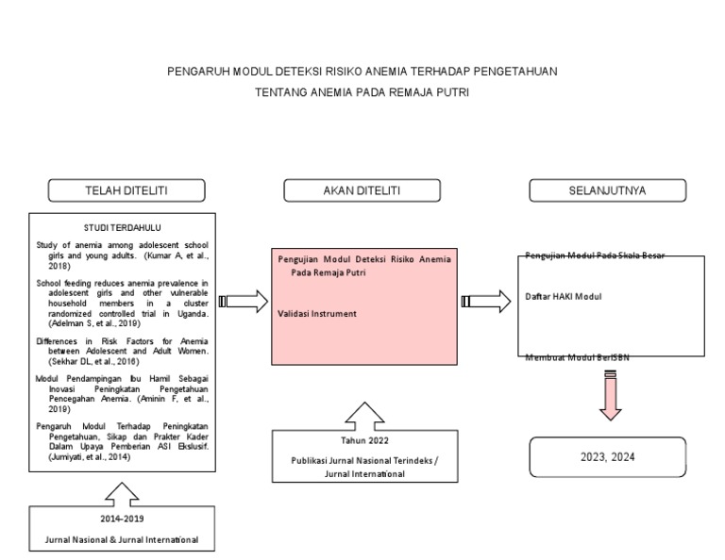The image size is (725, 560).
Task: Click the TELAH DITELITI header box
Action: coord(127,190)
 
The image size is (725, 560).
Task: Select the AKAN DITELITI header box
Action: coord(362,190)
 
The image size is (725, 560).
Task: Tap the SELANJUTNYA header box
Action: coord(607,190)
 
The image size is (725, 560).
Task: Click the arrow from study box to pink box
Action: coord(244,301)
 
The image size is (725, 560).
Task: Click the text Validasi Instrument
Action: coord(317,313)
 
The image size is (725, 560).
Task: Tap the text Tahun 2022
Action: coord(363,440)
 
